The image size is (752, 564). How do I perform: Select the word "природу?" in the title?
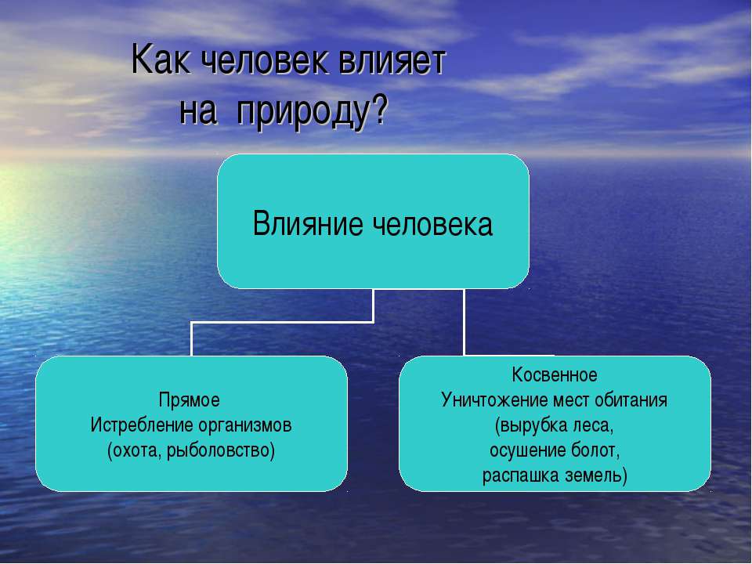point(311,112)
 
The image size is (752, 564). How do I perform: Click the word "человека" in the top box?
point(432,225)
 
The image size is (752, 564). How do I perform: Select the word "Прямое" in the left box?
point(189,400)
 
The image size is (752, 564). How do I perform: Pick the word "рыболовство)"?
point(221,451)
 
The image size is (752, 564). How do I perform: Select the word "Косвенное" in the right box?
point(555,374)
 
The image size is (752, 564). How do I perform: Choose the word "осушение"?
point(527,451)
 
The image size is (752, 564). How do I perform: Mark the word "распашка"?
point(520,475)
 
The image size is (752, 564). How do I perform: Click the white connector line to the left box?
point(282,322)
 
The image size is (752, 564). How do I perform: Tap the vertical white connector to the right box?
point(464,322)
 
